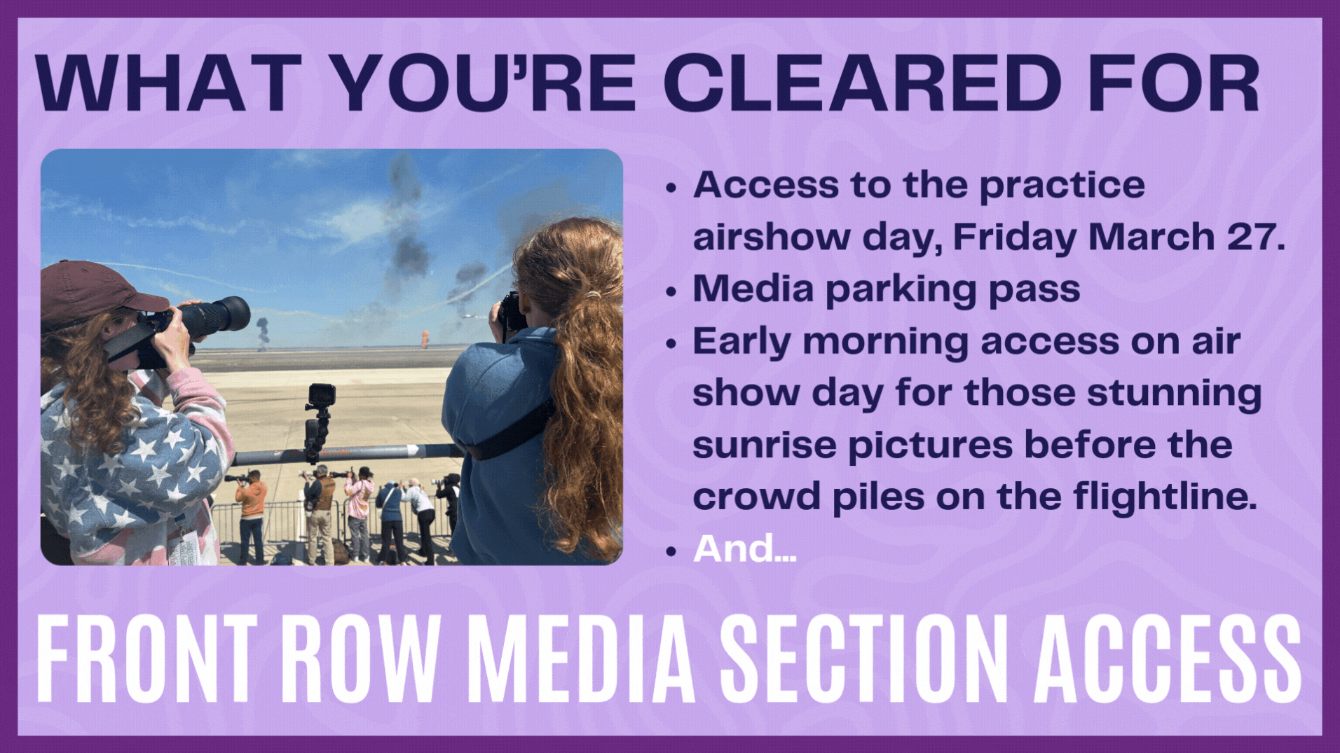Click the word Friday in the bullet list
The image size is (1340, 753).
pyautogui.click(x=1014, y=237)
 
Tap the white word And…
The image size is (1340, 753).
pyautogui.click(x=744, y=548)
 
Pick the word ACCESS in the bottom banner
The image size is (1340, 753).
pyautogui.click(x=1168, y=658)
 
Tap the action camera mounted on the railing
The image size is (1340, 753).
pyautogui.click(x=322, y=396)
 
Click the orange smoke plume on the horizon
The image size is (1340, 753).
pyautogui.click(x=425, y=339)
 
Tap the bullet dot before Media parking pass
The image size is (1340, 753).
pyautogui.click(x=671, y=291)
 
